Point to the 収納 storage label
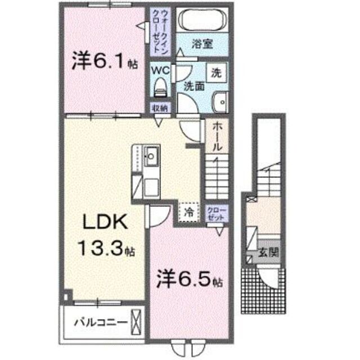click(159, 108)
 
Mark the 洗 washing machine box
click(216, 72)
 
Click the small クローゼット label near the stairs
click(217, 214)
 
